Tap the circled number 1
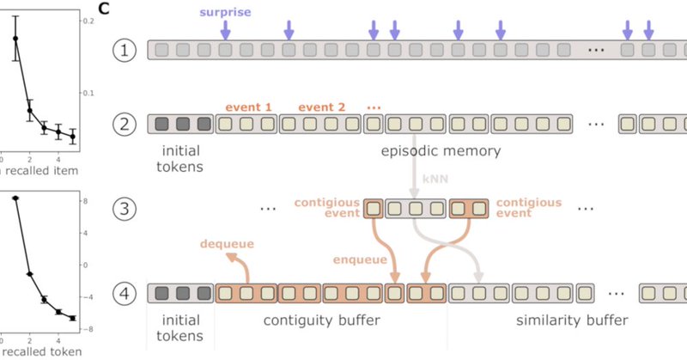click(125, 50)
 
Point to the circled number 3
click(125, 209)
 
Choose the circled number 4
click(125, 293)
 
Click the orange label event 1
click(249, 107)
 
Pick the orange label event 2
click(322, 107)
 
